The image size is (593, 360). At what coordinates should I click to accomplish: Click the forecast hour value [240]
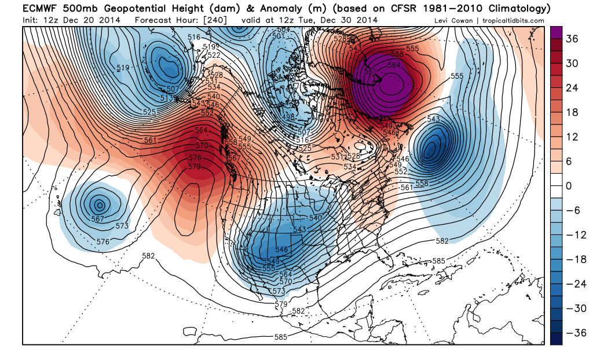[215, 20]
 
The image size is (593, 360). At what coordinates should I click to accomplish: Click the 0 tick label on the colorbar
[569, 186]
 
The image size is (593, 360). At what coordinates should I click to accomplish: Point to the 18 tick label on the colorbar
[572, 112]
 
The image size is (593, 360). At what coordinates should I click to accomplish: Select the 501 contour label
[278, 36]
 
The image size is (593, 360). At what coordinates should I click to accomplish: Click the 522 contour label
[214, 55]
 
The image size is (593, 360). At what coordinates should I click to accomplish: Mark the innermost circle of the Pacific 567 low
[100, 204]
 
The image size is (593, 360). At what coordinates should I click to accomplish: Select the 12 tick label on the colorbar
[572, 137]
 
